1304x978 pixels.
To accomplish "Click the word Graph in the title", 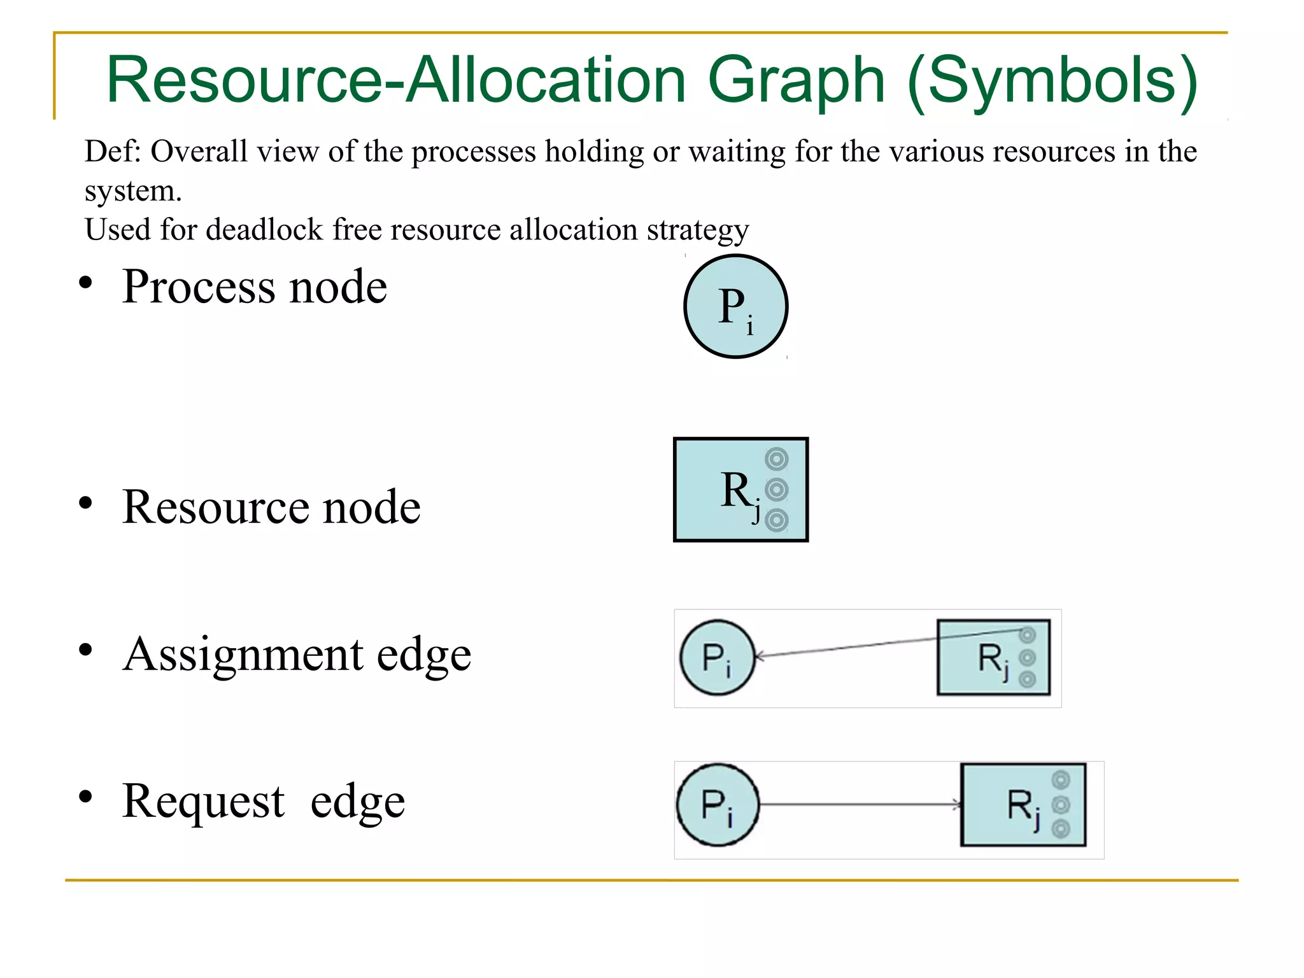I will pos(796,80).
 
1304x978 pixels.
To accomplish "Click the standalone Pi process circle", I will pos(735,306).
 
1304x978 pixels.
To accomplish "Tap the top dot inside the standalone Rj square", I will pos(776,458).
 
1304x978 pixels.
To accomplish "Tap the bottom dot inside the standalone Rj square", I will pos(776,520).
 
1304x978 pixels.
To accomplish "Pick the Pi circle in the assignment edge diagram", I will pos(717,657).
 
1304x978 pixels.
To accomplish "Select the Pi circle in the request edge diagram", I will pos(718,805).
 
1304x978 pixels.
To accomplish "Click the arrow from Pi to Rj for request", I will pos(860,805).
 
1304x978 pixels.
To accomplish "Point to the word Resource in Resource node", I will pos(216,507).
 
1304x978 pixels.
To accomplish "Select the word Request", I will pos(203,801).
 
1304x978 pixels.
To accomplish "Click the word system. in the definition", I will pos(133,191).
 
